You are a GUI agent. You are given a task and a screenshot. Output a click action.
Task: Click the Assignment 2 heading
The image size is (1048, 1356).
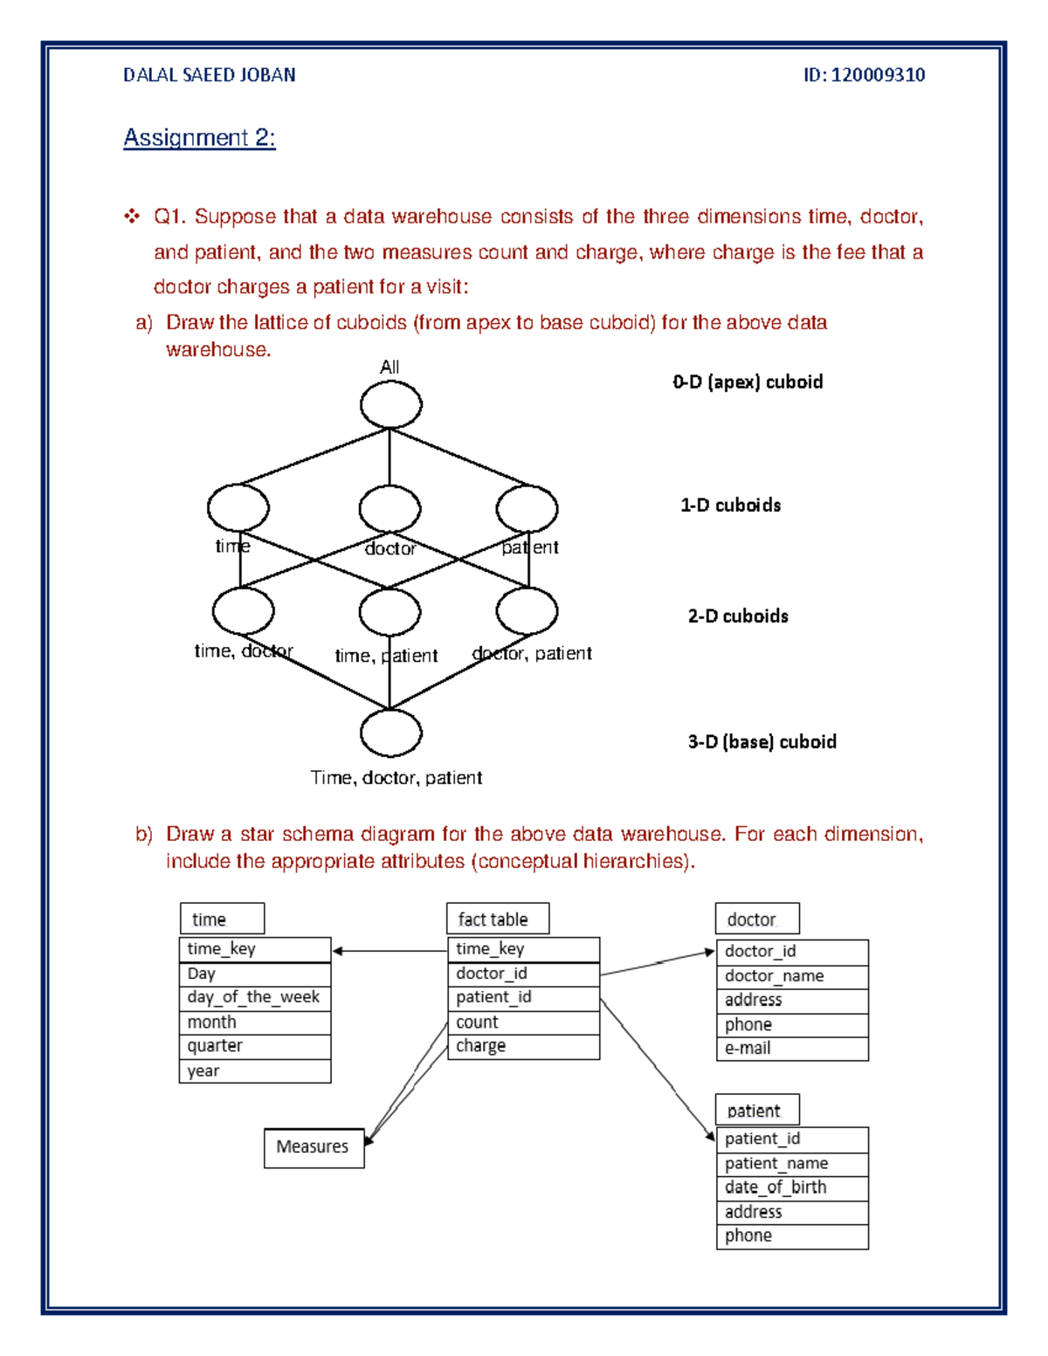pos(199,138)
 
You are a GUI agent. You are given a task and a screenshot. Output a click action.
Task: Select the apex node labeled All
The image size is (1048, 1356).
pos(390,405)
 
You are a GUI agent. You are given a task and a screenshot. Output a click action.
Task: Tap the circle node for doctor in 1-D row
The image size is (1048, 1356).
pos(390,508)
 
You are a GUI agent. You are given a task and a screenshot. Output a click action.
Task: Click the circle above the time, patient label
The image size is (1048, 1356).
pos(390,611)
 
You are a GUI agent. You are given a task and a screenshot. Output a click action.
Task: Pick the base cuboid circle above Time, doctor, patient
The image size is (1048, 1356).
pos(390,733)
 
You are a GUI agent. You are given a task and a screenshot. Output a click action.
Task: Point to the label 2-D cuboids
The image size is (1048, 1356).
pos(737,616)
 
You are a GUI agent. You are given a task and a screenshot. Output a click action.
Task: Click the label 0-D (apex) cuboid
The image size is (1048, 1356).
pos(748,382)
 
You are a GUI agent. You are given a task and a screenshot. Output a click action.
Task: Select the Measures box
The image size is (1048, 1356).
pos(314,1147)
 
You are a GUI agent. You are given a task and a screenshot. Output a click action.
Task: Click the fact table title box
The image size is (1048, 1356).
pos(497,919)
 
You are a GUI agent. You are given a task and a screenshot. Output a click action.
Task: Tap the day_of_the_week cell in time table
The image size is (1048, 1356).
pos(254,998)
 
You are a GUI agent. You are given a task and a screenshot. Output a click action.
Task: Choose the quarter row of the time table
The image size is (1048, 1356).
pos(254,1046)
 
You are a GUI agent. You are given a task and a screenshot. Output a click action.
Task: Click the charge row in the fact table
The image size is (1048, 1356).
pos(522,1046)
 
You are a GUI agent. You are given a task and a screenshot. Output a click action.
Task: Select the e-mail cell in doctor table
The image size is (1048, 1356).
pos(791,1049)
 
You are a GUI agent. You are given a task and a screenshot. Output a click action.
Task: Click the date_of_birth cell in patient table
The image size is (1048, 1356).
pos(791,1187)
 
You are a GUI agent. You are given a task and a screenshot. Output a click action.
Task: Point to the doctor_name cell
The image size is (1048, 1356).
pos(791,976)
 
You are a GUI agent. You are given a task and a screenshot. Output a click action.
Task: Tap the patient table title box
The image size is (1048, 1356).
pos(756,1111)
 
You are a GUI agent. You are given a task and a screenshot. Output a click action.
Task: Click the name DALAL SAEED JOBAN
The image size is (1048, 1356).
pos(209,75)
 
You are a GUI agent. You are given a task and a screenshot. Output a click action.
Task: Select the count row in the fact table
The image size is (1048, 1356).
pos(522,1022)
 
